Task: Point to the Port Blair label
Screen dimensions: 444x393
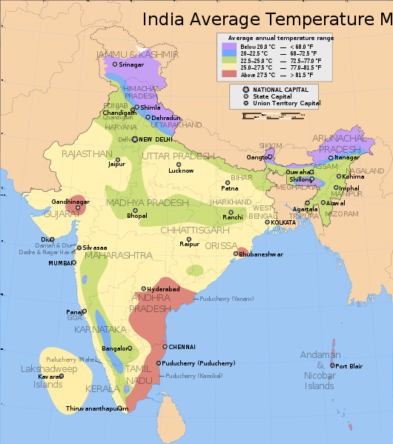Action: point(348,366)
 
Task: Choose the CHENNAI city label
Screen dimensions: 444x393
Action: point(182,346)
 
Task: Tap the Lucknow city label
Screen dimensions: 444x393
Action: point(181,170)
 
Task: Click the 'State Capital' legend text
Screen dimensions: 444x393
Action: point(271,96)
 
